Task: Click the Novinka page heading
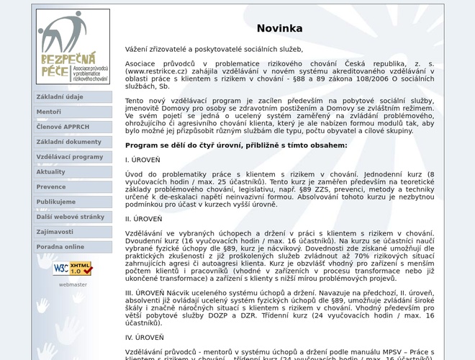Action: (x=279, y=29)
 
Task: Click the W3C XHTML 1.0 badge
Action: (x=73, y=269)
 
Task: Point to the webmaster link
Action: (x=73, y=284)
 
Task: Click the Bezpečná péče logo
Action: (x=73, y=47)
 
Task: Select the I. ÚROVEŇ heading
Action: (x=143, y=160)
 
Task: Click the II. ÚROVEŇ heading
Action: (x=144, y=219)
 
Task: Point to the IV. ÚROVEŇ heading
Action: (x=145, y=337)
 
